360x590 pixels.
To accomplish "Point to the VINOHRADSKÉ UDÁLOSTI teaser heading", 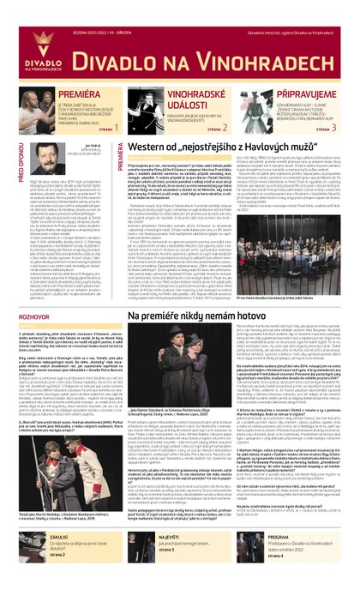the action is [x=194, y=97].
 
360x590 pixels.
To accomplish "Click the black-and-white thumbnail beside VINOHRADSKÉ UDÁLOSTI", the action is [x=145, y=102].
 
